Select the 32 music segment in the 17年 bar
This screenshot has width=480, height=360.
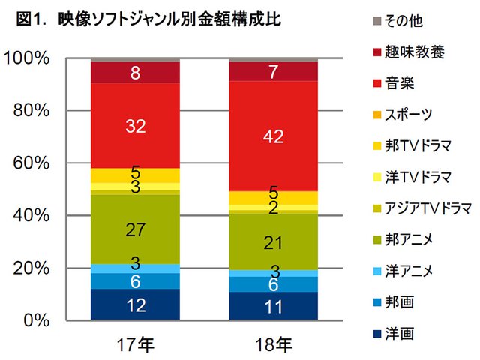click(135, 126)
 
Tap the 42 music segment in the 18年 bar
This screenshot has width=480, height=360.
click(272, 136)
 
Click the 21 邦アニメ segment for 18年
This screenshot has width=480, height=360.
click(272, 241)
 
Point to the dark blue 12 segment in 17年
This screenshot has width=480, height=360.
click(135, 305)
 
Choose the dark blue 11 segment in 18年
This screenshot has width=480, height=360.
click(272, 306)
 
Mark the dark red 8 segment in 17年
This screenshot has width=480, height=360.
click(135, 73)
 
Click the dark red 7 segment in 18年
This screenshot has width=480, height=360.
click(272, 71)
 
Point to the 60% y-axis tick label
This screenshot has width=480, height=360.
click(31, 163)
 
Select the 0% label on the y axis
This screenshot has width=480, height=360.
click(36, 320)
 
